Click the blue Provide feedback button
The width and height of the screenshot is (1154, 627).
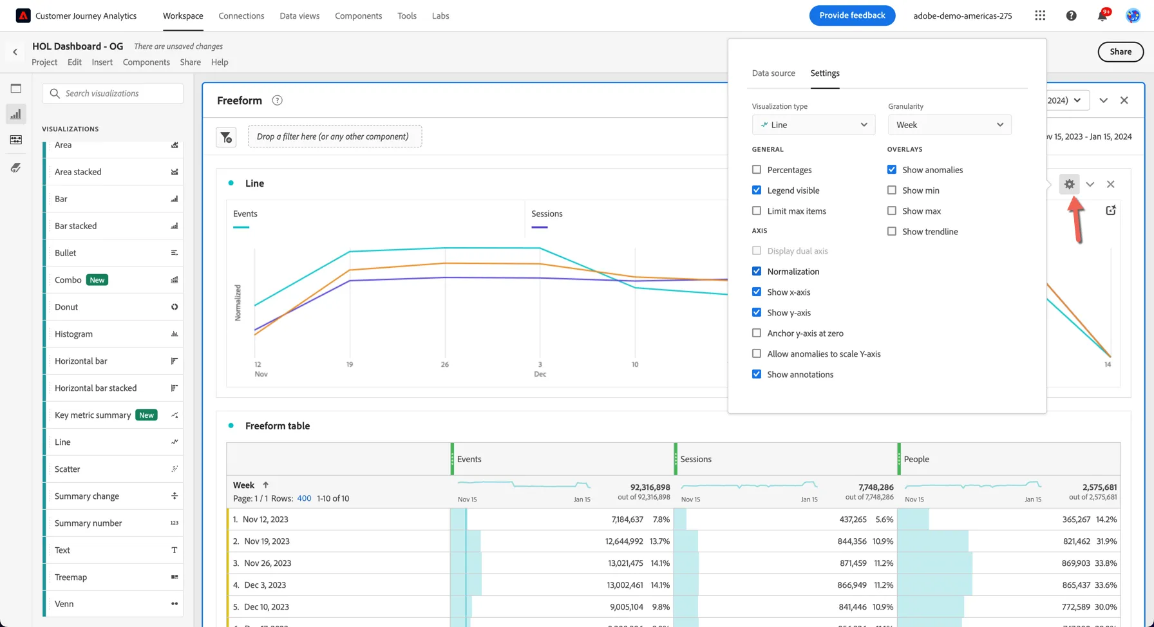click(852, 15)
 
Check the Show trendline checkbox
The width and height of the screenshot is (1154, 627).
click(892, 232)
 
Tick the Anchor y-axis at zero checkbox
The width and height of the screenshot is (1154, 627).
click(757, 333)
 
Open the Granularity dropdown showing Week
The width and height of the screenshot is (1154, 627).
click(949, 125)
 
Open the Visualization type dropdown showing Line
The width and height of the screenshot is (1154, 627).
click(813, 125)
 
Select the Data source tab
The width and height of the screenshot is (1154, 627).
click(773, 73)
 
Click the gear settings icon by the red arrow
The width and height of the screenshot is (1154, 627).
click(1069, 184)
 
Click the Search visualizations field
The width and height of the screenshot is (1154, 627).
click(113, 93)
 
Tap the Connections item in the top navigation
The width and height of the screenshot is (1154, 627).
click(241, 15)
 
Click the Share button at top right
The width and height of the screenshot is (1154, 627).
click(1121, 52)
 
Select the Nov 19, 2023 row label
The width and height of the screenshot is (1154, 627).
click(266, 541)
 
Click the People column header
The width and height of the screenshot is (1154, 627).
click(916, 460)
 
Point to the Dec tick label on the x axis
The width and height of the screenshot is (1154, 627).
click(540, 374)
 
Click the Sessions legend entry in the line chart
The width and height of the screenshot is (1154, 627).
click(547, 214)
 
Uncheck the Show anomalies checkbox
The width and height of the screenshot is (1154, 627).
click(892, 170)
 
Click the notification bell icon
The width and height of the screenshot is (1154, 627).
click(1102, 15)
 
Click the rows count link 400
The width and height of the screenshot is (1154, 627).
click(304, 499)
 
